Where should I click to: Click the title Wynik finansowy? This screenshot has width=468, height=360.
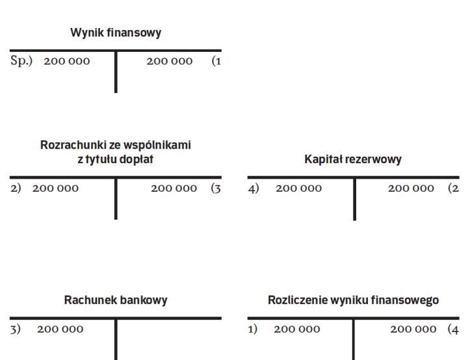click(116, 34)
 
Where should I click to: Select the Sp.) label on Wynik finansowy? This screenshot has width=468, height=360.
click(23, 61)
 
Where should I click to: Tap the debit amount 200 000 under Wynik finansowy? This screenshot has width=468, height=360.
click(67, 61)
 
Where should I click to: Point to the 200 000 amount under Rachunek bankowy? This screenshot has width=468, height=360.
click(60, 329)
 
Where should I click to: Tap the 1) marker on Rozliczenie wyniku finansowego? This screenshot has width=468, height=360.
click(254, 329)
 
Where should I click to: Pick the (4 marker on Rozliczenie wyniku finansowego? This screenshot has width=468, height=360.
click(453, 329)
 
